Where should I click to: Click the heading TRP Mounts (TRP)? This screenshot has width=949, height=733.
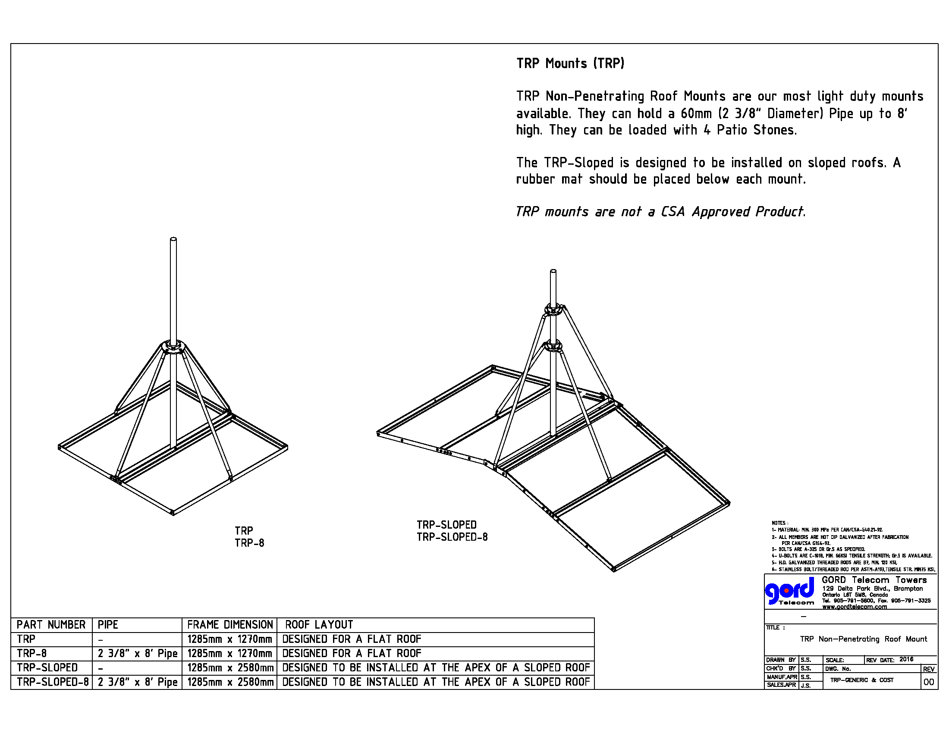point(570,63)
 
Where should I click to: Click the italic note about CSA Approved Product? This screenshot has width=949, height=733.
point(660,211)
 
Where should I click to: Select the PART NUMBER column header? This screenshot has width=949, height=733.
point(51,625)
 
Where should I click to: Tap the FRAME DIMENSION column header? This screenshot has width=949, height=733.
point(230,625)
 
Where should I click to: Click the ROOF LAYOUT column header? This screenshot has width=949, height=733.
point(319,625)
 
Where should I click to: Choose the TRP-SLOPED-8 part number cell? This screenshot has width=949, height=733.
point(53,682)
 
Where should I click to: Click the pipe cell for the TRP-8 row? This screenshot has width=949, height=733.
point(137,654)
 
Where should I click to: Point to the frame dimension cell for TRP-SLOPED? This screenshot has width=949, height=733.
point(230,668)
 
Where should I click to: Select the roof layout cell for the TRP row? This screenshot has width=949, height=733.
point(352,639)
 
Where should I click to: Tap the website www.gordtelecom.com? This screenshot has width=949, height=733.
point(854,607)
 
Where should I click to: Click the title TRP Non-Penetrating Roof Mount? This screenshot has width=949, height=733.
point(864,639)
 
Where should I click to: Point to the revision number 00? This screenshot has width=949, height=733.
point(928,682)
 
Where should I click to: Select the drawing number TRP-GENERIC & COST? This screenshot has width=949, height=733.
point(862,680)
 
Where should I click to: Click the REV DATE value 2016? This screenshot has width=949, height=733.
point(906,659)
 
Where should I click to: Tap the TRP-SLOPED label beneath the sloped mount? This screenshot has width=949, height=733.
point(447,525)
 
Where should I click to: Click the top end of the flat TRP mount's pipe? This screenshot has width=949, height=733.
point(173,239)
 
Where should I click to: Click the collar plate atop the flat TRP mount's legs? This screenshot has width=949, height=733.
point(173,347)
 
